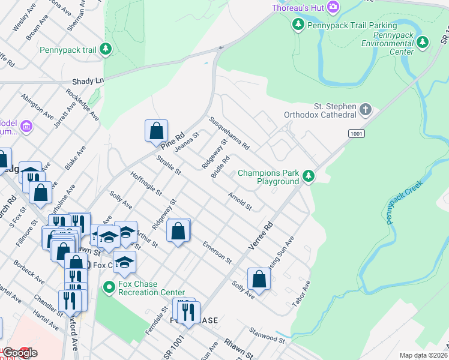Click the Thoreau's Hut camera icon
[x=333, y=8]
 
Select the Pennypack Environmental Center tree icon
[x=423, y=43]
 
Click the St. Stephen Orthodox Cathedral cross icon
[x=366, y=110]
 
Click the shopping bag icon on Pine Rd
[x=155, y=130]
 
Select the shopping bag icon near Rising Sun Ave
[x=259, y=279]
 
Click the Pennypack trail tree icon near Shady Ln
[x=106, y=50]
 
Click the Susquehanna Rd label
[x=229, y=133]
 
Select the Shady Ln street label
[x=88, y=80]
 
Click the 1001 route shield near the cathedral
[x=356, y=133]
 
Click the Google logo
[x=19, y=353]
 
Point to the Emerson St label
[x=217, y=253]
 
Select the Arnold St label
[x=240, y=202]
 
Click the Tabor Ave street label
[x=301, y=294]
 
